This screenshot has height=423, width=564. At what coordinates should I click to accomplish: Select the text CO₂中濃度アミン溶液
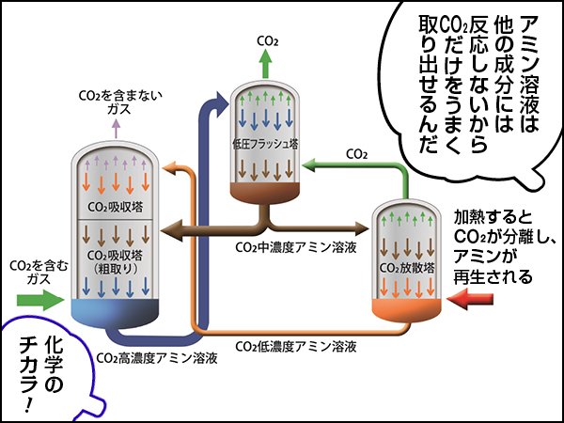click(x=294, y=246)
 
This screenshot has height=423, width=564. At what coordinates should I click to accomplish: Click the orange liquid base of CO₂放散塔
click(x=411, y=306)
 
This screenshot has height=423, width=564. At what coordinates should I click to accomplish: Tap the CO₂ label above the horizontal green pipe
click(x=356, y=152)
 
